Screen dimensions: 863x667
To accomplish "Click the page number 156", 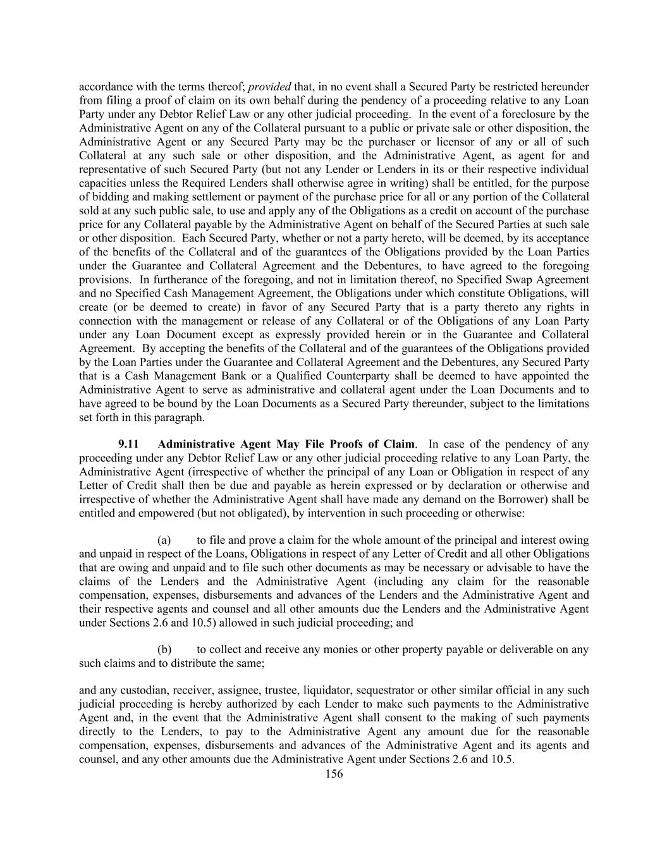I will [333, 774].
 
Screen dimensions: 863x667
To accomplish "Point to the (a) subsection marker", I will [164, 541].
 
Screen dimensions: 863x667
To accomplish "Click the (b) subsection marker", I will [164, 650].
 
